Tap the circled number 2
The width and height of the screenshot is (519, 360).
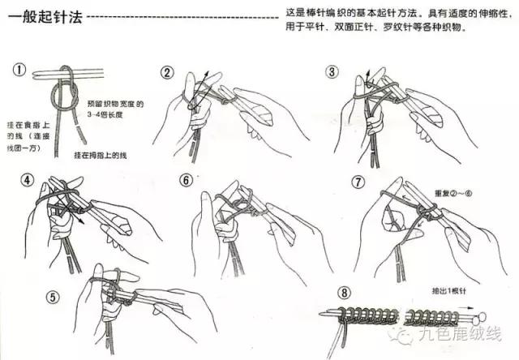click(167, 73)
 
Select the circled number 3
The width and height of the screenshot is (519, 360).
click(332, 71)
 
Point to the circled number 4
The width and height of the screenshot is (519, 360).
click(28, 179)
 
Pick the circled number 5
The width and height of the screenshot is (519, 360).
click(53, 297)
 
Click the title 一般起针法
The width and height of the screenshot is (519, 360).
click(41, 15)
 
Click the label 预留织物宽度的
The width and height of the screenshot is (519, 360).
click(114, 104)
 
